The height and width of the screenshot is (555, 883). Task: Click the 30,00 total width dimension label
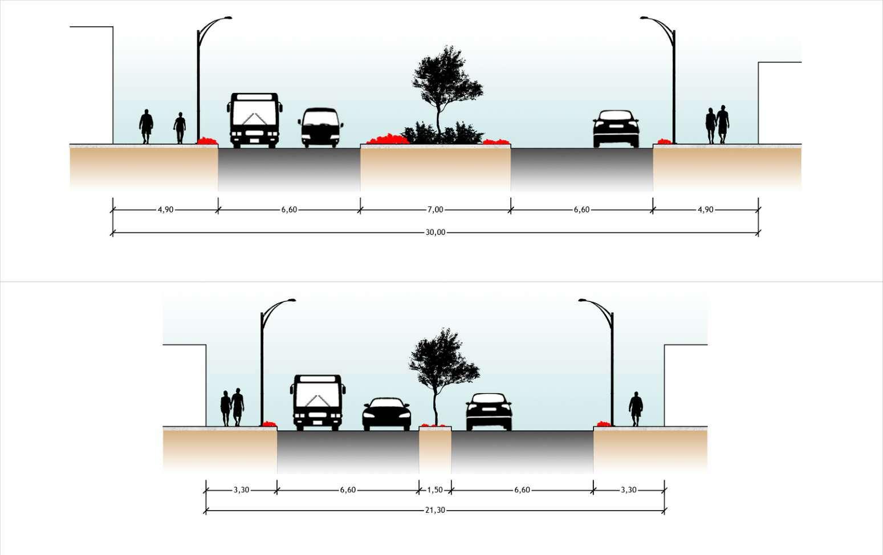(435, 232)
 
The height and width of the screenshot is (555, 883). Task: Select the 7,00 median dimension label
(435, 210)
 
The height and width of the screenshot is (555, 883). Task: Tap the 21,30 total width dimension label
(435, 510)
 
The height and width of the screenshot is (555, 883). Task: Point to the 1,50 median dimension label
(434, 490)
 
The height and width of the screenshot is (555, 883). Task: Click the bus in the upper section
(254, 120)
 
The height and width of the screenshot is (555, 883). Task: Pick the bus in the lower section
(318, 402)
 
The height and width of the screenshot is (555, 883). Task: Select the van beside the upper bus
(320, 128)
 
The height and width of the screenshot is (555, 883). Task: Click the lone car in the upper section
(616, 129)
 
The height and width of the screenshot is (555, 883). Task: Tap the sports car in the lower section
(386, 414)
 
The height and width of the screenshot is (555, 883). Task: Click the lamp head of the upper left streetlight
(227, 18)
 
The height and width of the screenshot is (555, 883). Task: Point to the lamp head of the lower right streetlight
(583, 300)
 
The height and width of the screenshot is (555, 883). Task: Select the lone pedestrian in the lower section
(636, 409)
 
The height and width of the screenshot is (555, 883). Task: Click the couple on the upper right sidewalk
(717, 124)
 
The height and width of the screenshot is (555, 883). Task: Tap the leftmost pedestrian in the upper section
(146, 126)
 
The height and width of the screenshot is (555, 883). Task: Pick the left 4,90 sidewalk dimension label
(165, 210)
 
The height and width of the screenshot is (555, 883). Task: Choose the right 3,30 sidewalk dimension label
(628, 490)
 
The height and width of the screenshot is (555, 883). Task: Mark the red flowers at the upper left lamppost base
(207, 141)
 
